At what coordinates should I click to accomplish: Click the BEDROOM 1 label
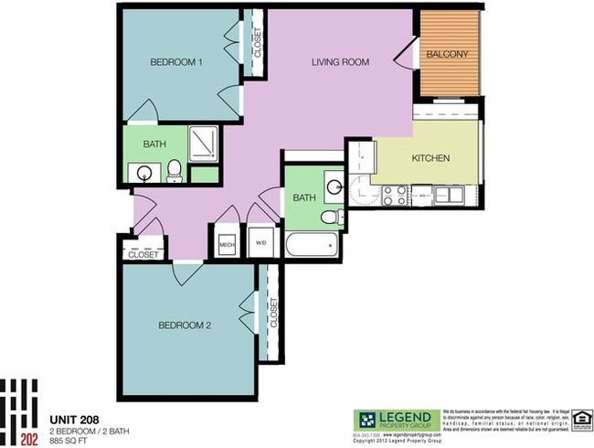pos(176,62)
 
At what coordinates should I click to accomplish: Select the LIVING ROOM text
pos(340,62)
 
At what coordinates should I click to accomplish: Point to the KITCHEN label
pos(430,158)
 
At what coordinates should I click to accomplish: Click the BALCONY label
pos(447,54)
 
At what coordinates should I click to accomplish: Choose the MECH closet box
pos(227,244)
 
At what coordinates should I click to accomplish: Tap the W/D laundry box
pos(260,243)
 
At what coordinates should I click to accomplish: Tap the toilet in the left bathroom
pos(173,169)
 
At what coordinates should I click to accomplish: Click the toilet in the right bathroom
pos(332,218)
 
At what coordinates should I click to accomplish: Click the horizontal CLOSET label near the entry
pos(143,255)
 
